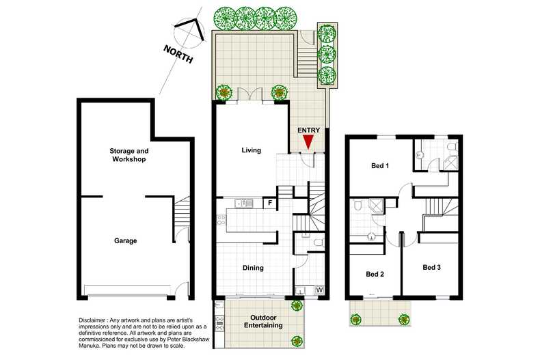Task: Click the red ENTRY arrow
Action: (308, 142)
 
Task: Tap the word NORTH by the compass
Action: (178, 54)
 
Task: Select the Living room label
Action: (251, 150)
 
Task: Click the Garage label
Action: (125, 240)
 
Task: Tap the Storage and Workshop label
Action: (129, 154)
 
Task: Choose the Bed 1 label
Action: (380, 165)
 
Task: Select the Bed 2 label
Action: (375, 274)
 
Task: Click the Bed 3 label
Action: (431, 266)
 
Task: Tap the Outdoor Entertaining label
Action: (264, 321)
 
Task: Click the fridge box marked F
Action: (269, 203)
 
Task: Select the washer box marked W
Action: (319, 290)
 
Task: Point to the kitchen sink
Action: (243, 203)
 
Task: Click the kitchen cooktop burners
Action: (221, 219)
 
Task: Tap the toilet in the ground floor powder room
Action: (318, 242)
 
